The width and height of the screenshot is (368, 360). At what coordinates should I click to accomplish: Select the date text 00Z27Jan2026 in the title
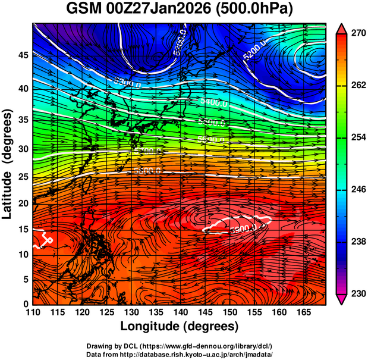161,10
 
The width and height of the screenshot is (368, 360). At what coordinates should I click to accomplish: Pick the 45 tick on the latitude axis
23,55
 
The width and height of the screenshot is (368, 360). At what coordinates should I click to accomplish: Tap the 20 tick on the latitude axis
23,203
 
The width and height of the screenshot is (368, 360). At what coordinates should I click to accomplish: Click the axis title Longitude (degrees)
180,326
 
